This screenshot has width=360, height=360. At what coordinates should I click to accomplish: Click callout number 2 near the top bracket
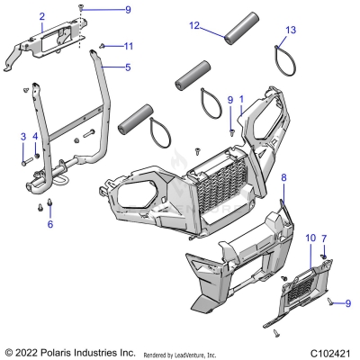point(41,17)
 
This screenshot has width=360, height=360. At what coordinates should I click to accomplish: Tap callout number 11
point(129,46)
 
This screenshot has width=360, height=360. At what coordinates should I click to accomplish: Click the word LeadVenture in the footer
point(194,353)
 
